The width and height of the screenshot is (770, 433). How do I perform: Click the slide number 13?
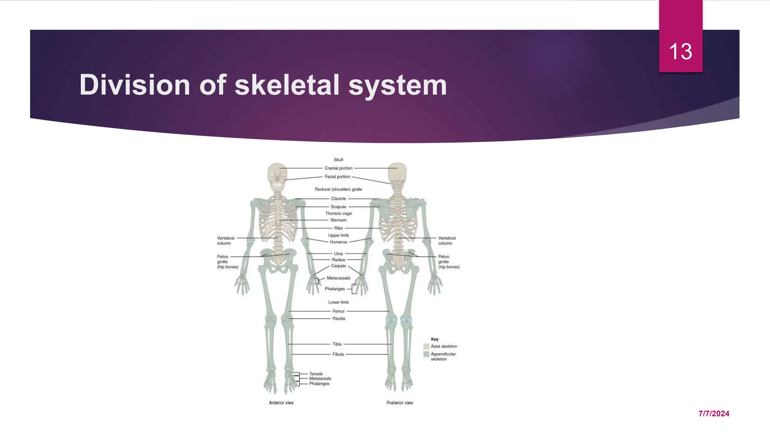(681, 51)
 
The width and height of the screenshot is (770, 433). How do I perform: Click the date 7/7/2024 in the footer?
(714, 413)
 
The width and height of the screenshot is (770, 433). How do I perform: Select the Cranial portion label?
(338, 168)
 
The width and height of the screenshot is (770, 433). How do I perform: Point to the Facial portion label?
(337, 176)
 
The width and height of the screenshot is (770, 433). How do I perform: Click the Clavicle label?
(338, 198)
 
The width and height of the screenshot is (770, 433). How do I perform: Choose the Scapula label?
(338, 206)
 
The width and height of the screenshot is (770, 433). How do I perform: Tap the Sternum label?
(338, 220)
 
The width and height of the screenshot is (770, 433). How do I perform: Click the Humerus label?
(338, 242)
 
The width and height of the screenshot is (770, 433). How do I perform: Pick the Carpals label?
(338, 266)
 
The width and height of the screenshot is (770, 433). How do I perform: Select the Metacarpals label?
(338, 278)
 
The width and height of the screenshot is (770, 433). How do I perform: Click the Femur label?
(338, 311)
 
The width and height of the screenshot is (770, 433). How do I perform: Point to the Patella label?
(338, 318)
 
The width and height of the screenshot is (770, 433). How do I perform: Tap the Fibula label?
(338, 354)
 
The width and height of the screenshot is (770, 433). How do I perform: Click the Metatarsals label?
(320, 378)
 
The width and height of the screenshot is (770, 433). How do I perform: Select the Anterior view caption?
(281, 403)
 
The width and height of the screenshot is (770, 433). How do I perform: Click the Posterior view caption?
(400, 403)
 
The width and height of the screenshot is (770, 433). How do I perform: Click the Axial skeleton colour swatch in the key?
(426, 346)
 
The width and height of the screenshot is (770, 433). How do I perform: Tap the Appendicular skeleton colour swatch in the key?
(426, 354)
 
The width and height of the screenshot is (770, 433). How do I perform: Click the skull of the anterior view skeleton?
(277, 175)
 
